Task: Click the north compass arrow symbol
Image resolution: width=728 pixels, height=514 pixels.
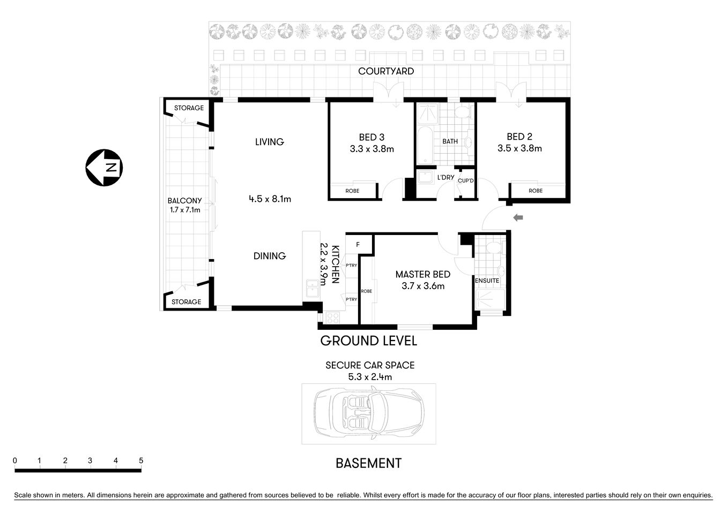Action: pyautogui.click(x=104, y=168)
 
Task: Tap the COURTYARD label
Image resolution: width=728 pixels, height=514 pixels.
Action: pyautogui.click(x=386, y=71)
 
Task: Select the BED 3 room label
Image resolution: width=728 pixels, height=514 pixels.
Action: pyautogui.click(x=372, y=138)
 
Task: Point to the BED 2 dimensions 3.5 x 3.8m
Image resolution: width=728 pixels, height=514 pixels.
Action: pyautogui.click(x=519, y=148)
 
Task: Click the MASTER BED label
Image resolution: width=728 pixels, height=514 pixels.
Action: pyautogui.click(x=422, y=274)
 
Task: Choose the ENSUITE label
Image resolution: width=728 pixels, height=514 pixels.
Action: pyautogui.click(x=487, y=281)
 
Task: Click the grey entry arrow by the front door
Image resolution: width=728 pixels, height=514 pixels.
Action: pyautogui.click(x=518, y=217)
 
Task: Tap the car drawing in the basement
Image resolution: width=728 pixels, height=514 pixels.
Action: pyautogui.click(x=369, y=413)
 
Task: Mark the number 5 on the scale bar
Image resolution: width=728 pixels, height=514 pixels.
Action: pyautogui.click(x=141, y=460)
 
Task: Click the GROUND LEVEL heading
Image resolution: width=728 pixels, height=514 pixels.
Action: pyautogui.click(x=368, y=341)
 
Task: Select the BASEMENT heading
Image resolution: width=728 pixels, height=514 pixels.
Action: pyautogui.click(x=368, y=463)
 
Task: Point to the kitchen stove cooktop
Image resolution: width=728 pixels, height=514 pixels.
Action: pyautogui.click(x=332, y=318)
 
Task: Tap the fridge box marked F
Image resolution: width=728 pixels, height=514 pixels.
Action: pyautogui.click(x=358, y=245)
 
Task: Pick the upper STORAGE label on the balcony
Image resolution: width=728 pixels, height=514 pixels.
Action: pyautogui.click(x=189, y=108)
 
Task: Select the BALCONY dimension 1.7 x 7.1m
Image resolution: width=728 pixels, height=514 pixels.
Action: pyautogui.click(x=185, y=210)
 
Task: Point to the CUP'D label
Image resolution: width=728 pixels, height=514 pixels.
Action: pyautogui.click(x=466, y=181)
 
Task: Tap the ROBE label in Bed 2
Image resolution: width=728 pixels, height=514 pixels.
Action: pyautogui.click(x=535, y=191)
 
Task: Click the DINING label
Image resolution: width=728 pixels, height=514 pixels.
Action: pyautogui.click(x=270, y=256)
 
